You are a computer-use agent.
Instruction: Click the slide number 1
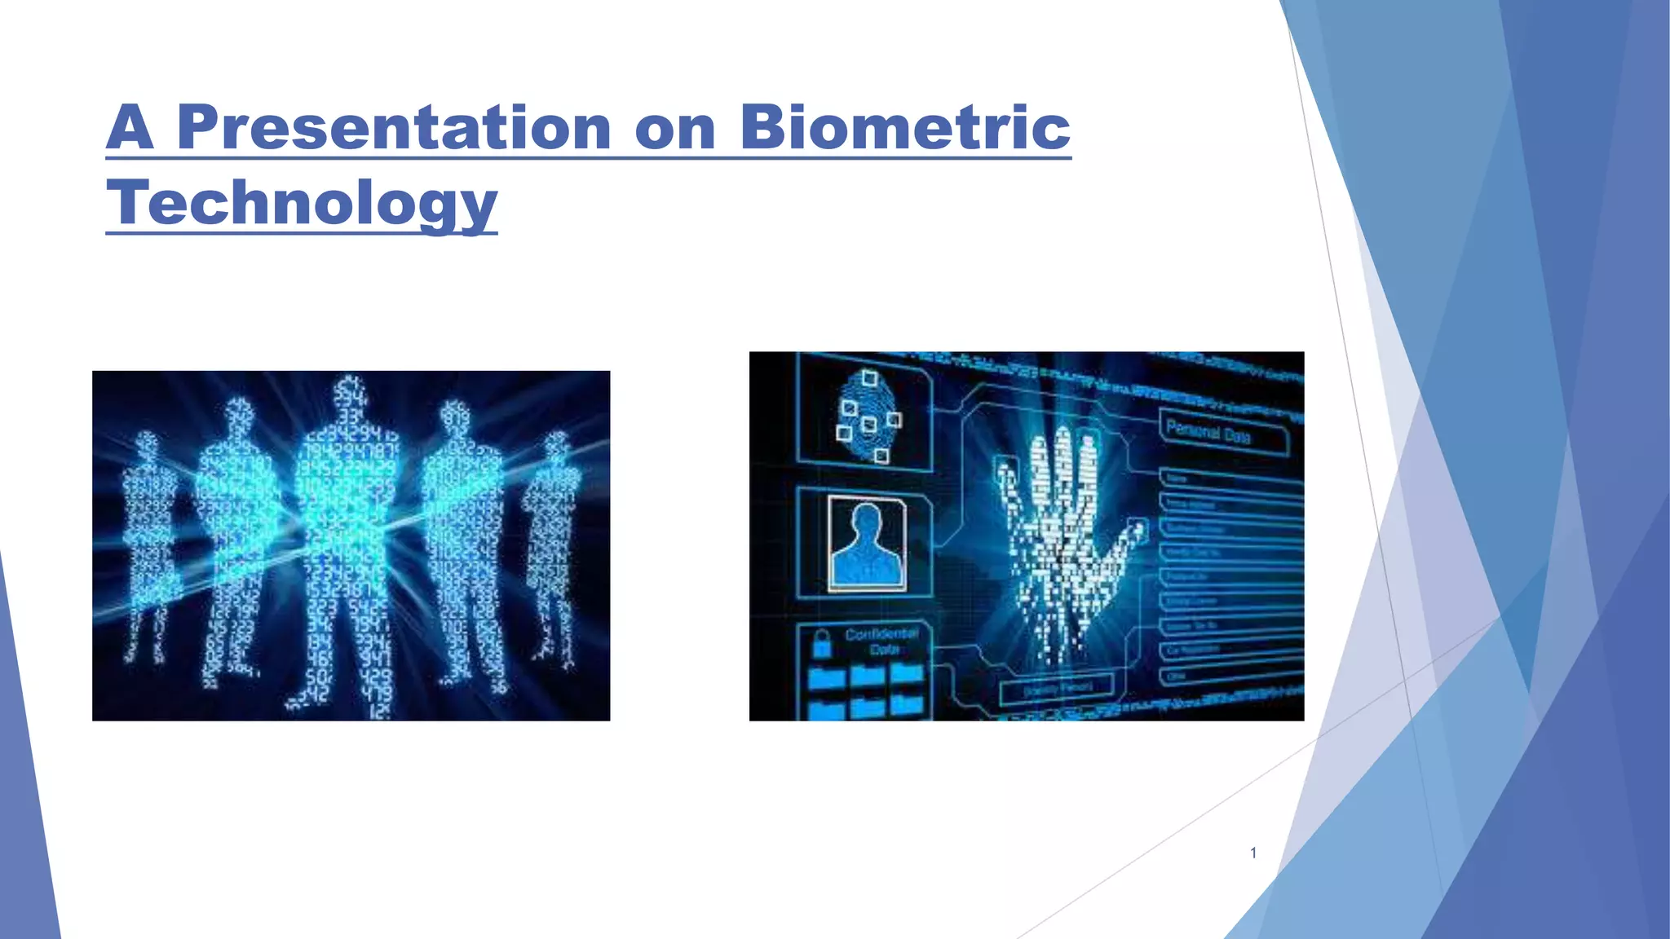pyautogui.click(x=1253, y=853)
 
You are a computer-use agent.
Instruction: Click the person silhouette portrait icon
pyautogui.click(x=867, y=543)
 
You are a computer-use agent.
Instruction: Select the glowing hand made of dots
pyautogui.click(x=1060, y=538)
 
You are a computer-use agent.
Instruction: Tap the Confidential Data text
pyautogui.click(x=881, y=641)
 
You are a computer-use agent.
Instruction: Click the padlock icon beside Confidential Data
pyautogui.click(x=822, y=644)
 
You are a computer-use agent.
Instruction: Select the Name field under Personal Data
pyautogui.click(x=1178, y=478)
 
